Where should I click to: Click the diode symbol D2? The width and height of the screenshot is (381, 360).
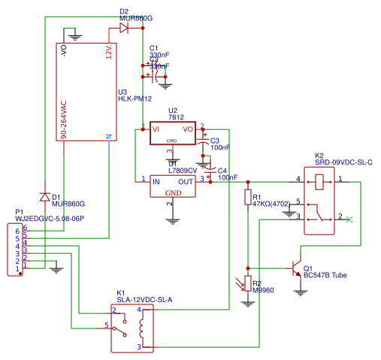pos(123,28)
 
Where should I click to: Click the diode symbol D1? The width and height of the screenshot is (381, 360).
pos(44,198)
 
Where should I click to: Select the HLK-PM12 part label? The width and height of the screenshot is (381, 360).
pos(135,98)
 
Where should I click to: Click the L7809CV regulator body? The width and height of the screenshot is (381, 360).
pos(174,186)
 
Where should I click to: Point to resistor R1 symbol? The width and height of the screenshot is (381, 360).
pos(247,198)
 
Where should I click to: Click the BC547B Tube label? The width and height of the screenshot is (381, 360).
pos(325,275)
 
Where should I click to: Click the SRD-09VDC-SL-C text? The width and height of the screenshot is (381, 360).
pos(343,162)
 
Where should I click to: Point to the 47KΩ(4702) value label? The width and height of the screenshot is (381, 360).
pos(271,204)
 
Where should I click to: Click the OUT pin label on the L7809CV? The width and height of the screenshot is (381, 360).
pos(186,181)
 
